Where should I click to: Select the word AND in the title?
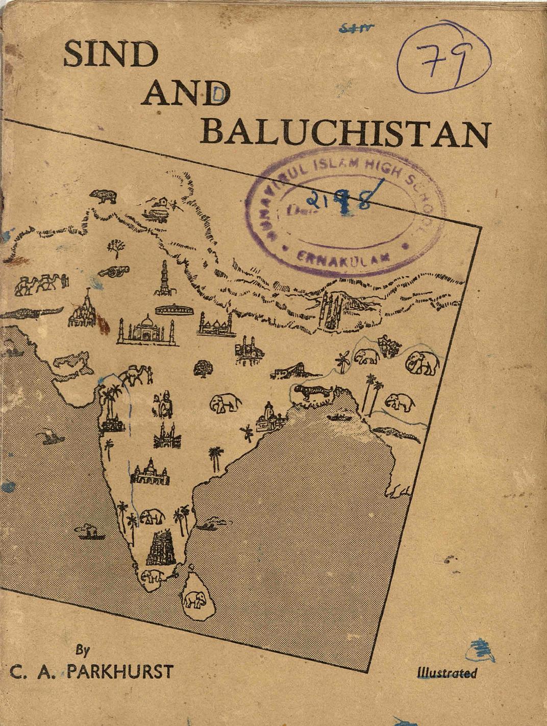[x=186, y=94]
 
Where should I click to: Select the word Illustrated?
[x=446, y=673]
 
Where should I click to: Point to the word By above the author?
[x=83, y=650]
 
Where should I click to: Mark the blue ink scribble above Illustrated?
[x=482, y=650]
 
